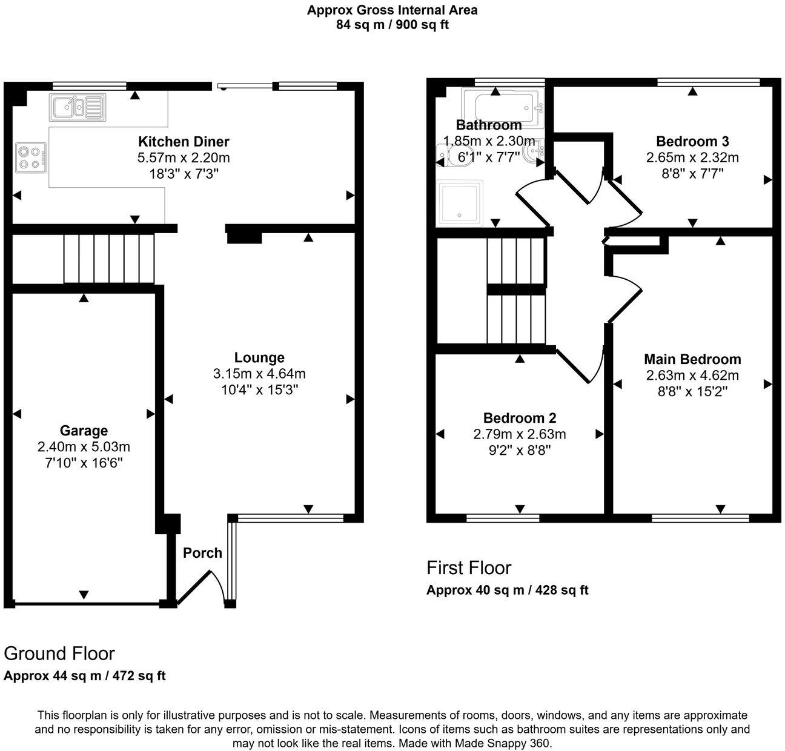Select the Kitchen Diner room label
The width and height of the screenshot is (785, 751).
184,142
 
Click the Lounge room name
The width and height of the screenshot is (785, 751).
259,357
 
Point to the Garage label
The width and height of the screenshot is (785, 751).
84,431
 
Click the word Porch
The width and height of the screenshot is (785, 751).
202,552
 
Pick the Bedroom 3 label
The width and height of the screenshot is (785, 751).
692,141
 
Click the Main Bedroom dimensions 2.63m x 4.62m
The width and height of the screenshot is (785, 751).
692,375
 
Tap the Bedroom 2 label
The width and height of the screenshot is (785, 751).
520,418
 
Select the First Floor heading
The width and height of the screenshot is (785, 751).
469,567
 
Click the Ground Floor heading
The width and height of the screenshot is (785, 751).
59,653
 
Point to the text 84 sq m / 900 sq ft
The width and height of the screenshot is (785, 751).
392,25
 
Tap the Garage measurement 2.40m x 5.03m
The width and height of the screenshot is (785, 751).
84,447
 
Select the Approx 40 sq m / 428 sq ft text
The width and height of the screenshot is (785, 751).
507,590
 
